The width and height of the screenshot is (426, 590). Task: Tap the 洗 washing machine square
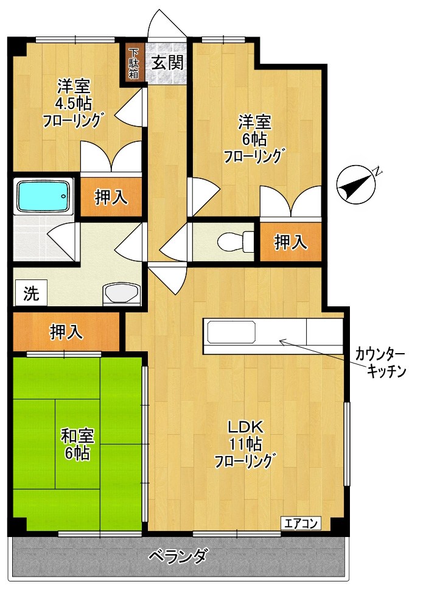pos(31,293)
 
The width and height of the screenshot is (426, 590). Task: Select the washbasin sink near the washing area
pos(123,293)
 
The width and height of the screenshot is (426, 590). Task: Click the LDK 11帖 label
pos(245,443)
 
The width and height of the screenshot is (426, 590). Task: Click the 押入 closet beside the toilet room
pos(290,242)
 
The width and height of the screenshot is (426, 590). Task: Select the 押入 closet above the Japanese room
pos(66,332)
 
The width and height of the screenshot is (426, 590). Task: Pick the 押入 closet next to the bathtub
pos(111,197)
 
